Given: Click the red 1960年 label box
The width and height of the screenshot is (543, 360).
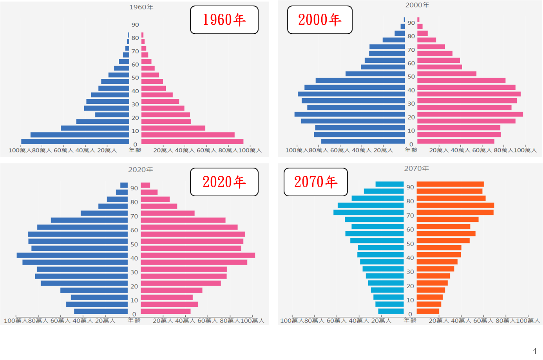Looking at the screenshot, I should [224, 20].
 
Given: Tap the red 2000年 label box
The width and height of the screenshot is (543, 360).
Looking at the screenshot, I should [320, 20].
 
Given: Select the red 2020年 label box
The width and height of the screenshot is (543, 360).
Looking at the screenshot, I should [224, 182].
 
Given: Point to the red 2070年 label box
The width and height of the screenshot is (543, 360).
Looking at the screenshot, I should [316, 182].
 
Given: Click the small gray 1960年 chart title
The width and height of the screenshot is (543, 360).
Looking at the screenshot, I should [141, 7].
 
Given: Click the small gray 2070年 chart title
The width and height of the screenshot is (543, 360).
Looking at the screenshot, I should [416, 168].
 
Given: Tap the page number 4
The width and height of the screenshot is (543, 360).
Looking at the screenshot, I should [534, 351].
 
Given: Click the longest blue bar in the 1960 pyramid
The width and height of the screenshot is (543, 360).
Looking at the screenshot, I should [75, 141].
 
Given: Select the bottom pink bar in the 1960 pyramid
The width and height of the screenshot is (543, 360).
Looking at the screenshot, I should [192, 141].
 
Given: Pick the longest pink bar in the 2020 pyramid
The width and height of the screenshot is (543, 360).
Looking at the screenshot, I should [198, 255].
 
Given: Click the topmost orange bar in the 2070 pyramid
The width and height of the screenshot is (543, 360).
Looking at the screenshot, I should [450, 184].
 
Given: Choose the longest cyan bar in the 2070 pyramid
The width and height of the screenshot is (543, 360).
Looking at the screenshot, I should [368, 212].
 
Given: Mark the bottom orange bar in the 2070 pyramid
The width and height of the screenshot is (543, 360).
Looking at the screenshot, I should [428, 311].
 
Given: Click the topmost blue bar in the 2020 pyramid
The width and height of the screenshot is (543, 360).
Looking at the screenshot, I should [124, 185].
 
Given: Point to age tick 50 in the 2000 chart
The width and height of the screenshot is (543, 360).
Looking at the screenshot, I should [411, 77].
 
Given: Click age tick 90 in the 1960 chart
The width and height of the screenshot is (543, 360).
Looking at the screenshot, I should [135, 25].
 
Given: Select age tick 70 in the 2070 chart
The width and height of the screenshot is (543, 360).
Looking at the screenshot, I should [410, 215].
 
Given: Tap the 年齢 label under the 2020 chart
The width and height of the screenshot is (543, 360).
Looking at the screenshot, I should [134, 320].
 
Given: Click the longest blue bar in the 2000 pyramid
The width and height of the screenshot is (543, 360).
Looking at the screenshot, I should [349, 114].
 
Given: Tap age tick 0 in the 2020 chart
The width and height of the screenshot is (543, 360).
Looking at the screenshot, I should [134, 314].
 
